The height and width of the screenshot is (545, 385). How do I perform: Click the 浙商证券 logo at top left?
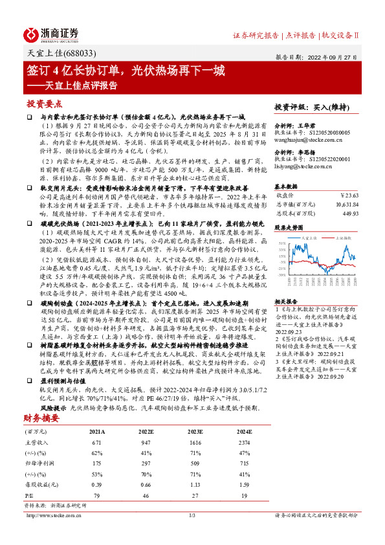[51, 34]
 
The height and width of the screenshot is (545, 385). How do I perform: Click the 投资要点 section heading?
[44, 103]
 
